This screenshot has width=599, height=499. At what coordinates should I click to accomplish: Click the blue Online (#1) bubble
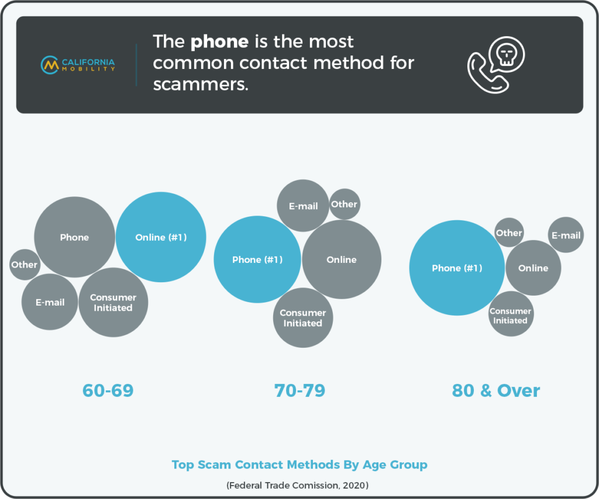pyautogui.click(x=161, y=237)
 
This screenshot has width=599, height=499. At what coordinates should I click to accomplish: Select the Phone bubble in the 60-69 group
pyautogui.click(x=74, y=237)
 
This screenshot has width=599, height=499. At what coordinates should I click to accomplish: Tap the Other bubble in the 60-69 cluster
pyautogui.click(x=25, y=265)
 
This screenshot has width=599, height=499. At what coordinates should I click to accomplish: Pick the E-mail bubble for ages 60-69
pyautogui.click(x=50, y=302)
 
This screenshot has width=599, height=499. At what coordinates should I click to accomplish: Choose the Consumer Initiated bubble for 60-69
pyautogui.click(x=113, y=302)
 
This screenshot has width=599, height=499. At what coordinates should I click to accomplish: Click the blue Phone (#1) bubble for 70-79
pyautogui.click(x=257, y=259)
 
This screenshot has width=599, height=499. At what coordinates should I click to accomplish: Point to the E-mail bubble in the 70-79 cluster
pyautogui.click(x=303, y=206)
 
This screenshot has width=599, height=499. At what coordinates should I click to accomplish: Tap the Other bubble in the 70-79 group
pyautogui.click(x=345, y=204)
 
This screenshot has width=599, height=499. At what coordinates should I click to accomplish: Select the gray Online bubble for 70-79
pyautogui.click(x=342, y=259)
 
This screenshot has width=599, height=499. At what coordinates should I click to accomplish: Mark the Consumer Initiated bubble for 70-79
pyautogui.click(x=303, y=317)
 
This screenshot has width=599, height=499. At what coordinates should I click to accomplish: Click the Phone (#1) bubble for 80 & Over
pyautogui.click(x=457, y=268)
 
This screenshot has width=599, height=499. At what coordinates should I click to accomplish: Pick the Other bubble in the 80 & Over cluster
pyautogui.click(x=509, y=233)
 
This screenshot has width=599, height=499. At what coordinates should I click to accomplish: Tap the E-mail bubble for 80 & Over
pyautogui.click(x=566, y=235)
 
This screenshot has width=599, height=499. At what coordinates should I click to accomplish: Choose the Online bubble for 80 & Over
pyautogui.click(x=533, y=268)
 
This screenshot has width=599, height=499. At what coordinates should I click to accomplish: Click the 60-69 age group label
pyautogui.click(x=108, y=390)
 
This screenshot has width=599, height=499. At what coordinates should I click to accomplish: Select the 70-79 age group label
pyautogui.click(x=300, y=390)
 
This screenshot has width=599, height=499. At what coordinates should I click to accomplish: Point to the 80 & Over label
pyautogui.click(x=496, y=390)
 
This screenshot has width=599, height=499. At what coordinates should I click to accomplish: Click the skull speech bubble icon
pyautogui.click(x=507, y=54)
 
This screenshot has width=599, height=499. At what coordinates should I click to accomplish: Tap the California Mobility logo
pyautogui.click(x=78, y=65)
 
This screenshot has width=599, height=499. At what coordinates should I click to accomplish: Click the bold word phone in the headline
pyautogui.click(x=220, y=42)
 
